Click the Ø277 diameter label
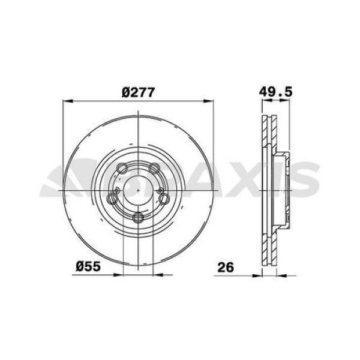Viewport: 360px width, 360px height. pos(139,92)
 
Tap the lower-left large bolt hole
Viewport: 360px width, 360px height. pos(112,199)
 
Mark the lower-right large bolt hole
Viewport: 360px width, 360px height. pos(165,199)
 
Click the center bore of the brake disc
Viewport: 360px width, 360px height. pos(139,190)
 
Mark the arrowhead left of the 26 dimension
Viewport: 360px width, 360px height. pos(259,276)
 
